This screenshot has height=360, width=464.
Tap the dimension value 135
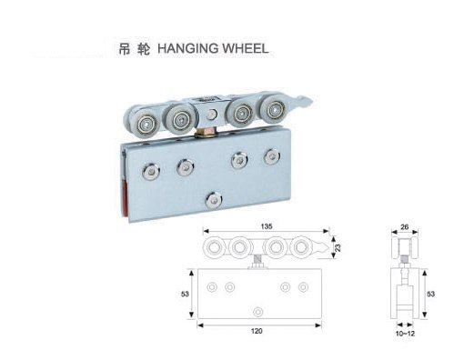(x=267, y=226)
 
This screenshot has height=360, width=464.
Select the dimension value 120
(x=257, y=331)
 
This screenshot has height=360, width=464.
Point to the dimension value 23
(x=338, y=247)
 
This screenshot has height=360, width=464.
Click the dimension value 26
(x=405, y=226)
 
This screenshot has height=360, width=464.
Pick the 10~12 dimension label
(x=405, y=334)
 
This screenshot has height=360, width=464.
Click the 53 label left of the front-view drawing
(x=185, y=294)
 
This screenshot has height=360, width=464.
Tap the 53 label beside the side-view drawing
(x=430, y=294)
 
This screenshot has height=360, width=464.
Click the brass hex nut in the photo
(x=204, y=132)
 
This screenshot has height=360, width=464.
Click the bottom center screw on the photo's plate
(x=214, y=200)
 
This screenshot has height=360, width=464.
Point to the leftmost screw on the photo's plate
(x=151, y=172)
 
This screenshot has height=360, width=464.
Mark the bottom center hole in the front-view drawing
(x=258, y=312)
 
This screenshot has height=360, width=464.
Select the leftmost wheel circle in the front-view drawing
(x=215, y=247)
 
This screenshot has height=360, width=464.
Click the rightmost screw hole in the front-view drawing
(x=303, y=287)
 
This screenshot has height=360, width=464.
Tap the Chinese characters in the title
(x=134, y=49)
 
